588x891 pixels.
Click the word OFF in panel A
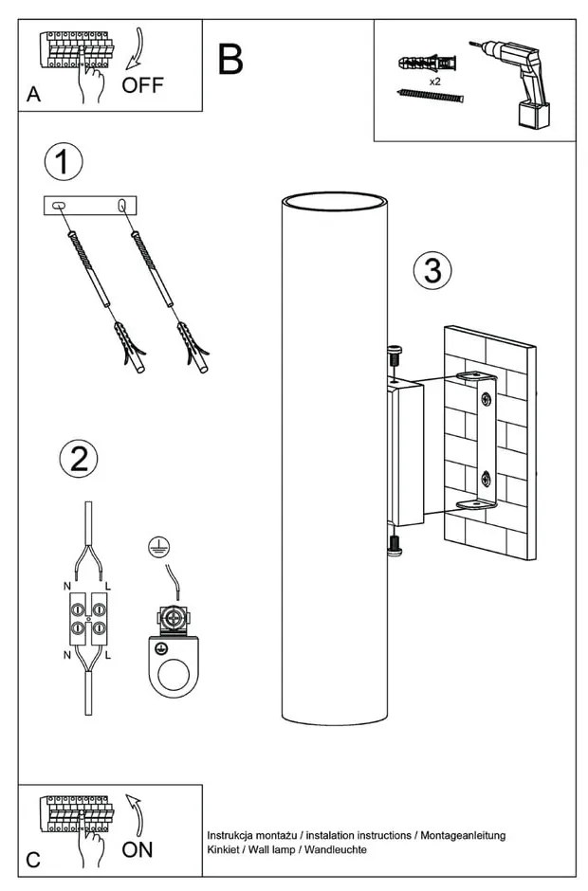[x=143, y=86]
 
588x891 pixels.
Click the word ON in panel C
[x=138, y=849]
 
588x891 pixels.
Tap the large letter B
[x=230, y=59]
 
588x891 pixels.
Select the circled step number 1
[x=63, y=163]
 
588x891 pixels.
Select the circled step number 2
[x=79, y=459]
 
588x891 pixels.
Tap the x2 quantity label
[x=435, y=82]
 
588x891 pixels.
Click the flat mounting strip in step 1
[x=90, y=205]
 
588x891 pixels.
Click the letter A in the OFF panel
[x=34, y=95]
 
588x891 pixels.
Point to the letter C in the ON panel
[x=33, y=860]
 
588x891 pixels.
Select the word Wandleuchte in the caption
[x=336, y=850]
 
